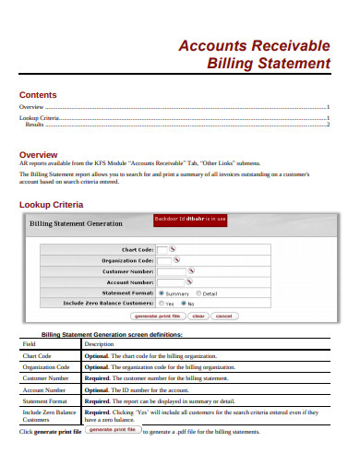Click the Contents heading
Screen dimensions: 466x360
pos(38,95)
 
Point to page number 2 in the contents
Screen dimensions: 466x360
pos(328,125)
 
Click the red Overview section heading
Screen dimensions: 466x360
pos(39,154)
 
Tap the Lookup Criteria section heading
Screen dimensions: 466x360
pos(52,204)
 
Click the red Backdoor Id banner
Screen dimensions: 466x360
pos(190,220)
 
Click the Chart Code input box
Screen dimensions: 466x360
pos(162,249)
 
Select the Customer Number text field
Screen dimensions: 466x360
pos(172,271)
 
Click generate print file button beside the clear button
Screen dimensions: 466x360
pos(151,316)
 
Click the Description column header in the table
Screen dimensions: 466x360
pos(99,343)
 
